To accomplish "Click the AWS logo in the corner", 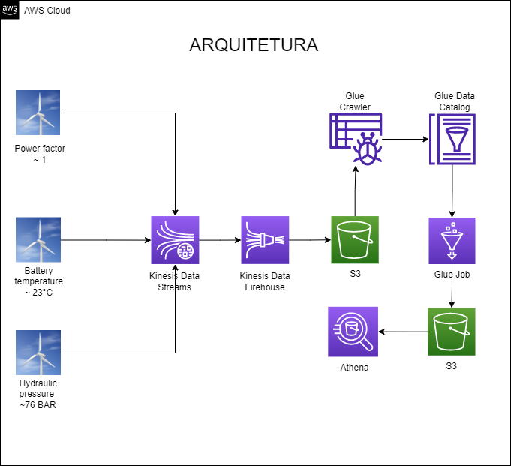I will pyautogui.click(x=10, y=10).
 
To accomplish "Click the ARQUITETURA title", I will pyautogui.click(x=254, y=45).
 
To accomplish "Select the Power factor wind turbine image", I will pyautogui.click(x=38, y=113).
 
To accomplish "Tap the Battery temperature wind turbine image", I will pyautogui.click(x=38, y=239).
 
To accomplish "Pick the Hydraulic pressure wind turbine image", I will pyautogui.click(x=38, y=352).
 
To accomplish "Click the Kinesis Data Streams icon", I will pyautogui.click(x=175, y=240).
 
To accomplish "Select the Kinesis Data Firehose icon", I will pyautogui.click(x=265, y=240).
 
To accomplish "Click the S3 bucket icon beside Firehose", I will pyautogui.click(x=355, y=240).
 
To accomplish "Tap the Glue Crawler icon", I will pyautogui.click(x=356, y=140).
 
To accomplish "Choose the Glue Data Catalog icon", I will pyautogui.click(x=452, y=140).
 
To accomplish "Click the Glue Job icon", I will pyautogui.click(x=452, y=241).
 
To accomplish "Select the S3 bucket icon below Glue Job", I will pyautogui.click(x=452, y=332).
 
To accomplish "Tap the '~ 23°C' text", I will pyautogui.click(x=38, y=292).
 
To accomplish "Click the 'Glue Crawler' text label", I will pyautogui.click(x=355, y=101).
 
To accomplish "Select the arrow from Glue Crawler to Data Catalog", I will pyautogui.click(x=405, y=139).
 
